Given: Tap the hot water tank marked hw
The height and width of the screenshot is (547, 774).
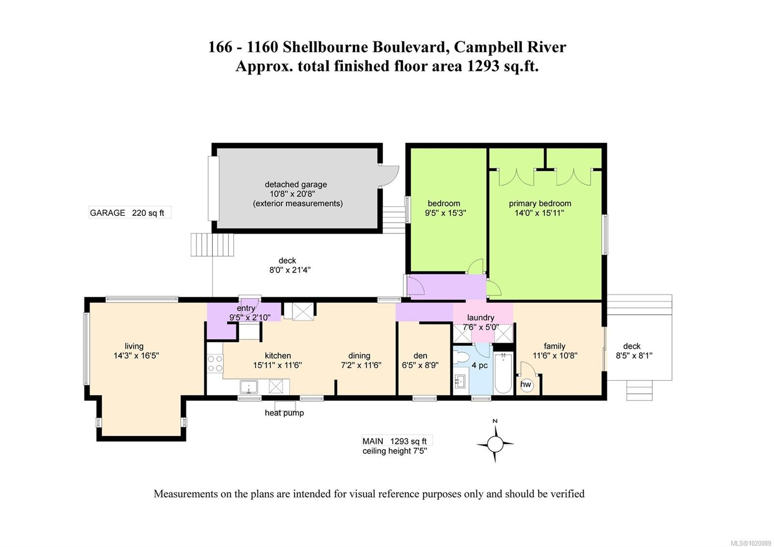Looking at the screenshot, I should pos(526,384).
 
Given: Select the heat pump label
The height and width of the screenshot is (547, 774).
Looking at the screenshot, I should pos(284,413).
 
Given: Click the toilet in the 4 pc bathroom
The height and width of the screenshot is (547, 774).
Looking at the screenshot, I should pos(462,358).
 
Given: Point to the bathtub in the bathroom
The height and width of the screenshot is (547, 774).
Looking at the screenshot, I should pos(504,373).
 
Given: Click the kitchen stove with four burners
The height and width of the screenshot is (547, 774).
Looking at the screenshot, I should pos(215,364).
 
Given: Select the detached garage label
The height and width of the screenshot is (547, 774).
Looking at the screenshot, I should pos(296,184).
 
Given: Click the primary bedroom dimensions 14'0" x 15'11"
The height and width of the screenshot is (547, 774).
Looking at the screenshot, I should pos(539,213).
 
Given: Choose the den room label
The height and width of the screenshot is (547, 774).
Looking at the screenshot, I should pos(420,355).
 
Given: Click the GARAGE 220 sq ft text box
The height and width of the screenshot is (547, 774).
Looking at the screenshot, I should pos(130,213).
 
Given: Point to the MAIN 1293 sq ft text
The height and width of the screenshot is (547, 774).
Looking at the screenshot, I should pos(395,441).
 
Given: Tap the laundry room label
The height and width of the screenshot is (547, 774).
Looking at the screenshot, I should pos(480,318).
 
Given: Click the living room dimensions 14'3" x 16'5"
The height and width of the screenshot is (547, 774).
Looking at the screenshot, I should pos(136,355).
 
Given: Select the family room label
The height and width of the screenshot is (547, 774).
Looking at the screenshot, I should pos(554,346).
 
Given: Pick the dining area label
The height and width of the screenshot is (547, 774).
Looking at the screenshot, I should pos(359,355).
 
